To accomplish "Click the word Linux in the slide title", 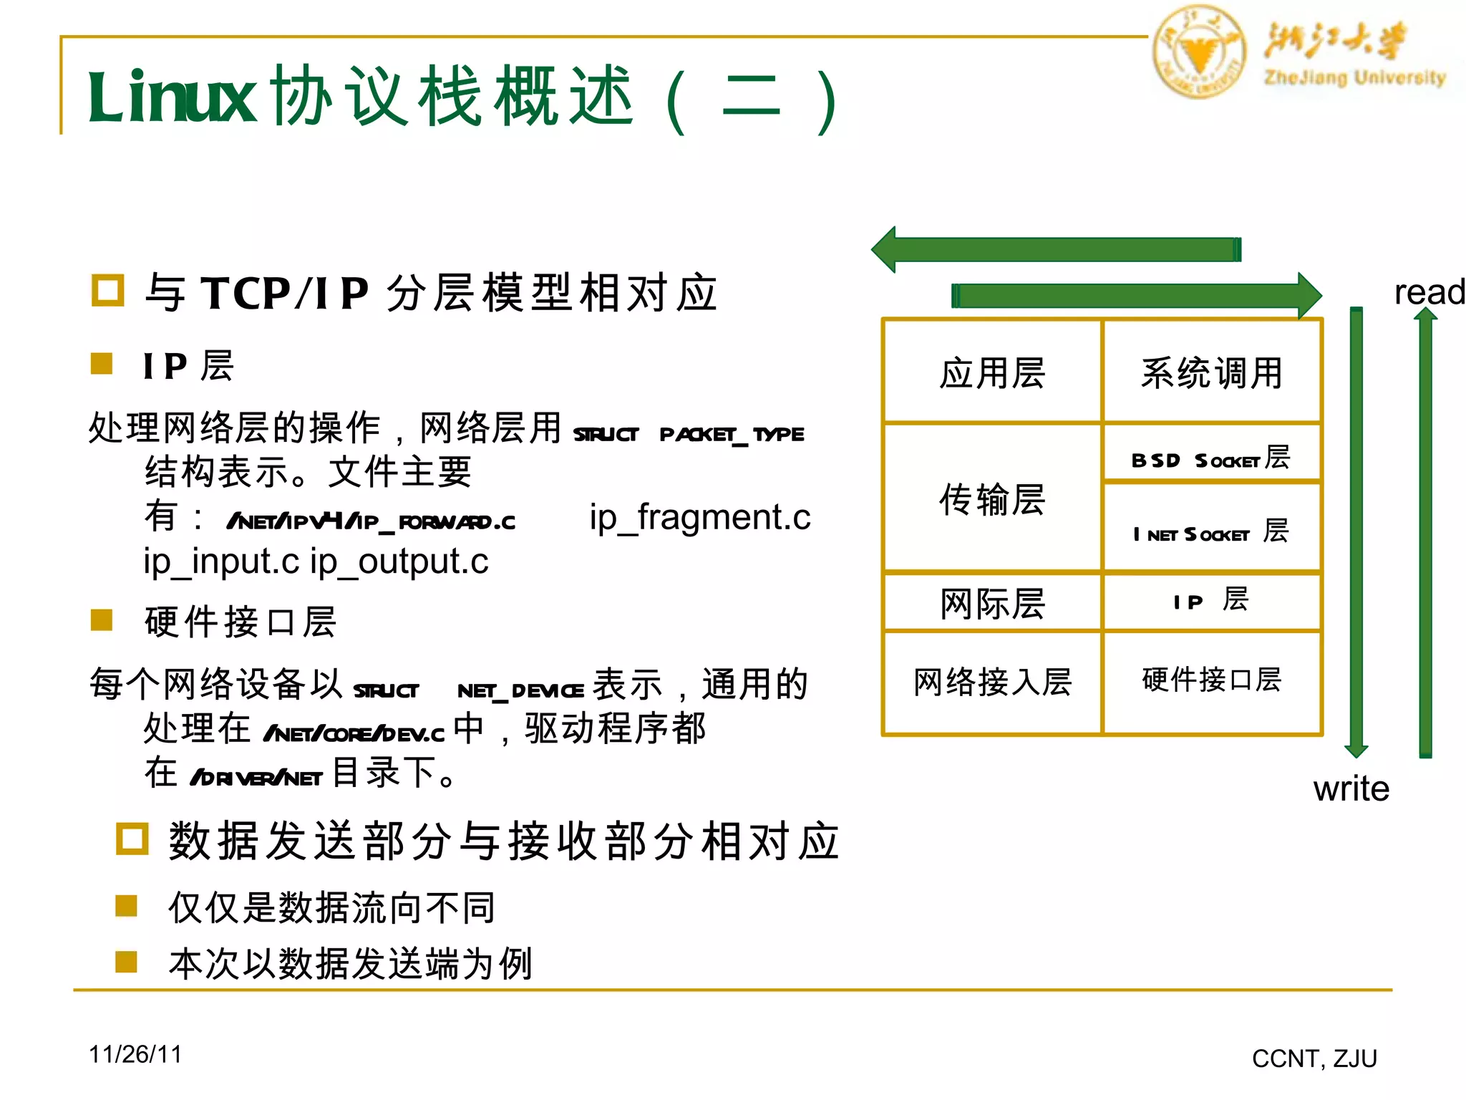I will [x=172, y=97].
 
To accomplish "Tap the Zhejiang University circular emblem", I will [x=1199, y=52].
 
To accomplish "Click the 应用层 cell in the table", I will [x=992, y=372].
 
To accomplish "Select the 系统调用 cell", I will [x=1211, y=372].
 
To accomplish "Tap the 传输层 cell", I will [x=992, y=499].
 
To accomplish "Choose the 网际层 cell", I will [x=992, y=603].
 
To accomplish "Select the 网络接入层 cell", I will [x=992, y=682].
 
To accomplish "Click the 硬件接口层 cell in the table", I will [x=1211, y=680].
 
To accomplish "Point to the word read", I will [x=1429, y=292].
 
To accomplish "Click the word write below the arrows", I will [x=1351, y=788].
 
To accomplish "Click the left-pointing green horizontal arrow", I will [x=1056, y=249].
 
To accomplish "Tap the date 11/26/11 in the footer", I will [x=135, y=1054].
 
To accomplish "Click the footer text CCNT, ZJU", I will [x=1314, y=1058].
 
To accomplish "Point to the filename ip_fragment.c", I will [x=700, y=517].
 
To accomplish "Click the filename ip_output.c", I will [x=399, y=561].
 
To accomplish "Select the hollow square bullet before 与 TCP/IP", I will [x=108, y=291].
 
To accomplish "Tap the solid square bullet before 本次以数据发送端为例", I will [x=126, y=961].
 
